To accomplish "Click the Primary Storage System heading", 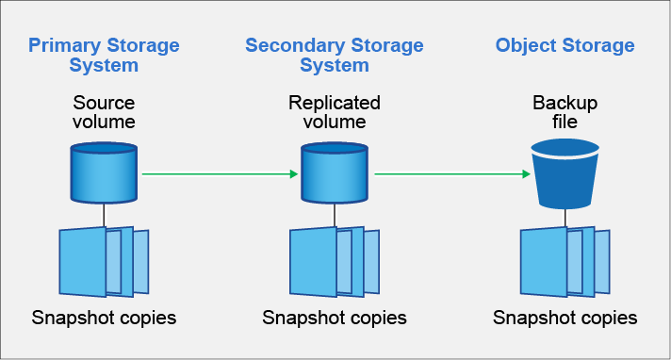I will click(104, 55).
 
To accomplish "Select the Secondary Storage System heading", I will click(334, 55).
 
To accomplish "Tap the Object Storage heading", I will click(565, 45).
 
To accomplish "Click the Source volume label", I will click(104, 111).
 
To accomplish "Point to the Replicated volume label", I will click(334, 111).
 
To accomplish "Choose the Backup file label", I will click(565, 111).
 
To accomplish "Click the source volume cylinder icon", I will click(104, 172).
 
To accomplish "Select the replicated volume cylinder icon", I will click(334, 172).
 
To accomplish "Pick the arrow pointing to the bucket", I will click(450, 173).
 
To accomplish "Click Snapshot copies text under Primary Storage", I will click(104, 318).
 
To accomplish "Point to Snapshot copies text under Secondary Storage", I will click(334, 318).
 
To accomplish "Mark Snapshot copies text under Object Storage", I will click(565, 318).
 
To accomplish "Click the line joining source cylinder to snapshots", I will click(104, 216).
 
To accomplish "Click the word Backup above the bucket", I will click(565, 102).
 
